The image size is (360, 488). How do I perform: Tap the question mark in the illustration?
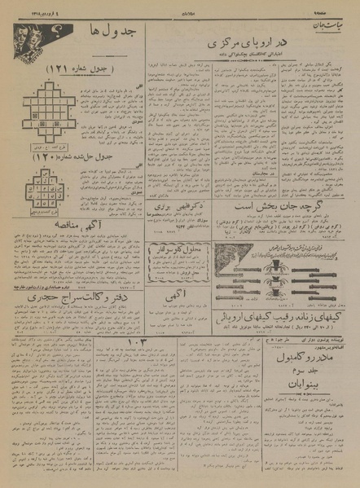coord(59,33)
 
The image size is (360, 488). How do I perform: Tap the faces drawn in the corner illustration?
coord(32,38)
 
